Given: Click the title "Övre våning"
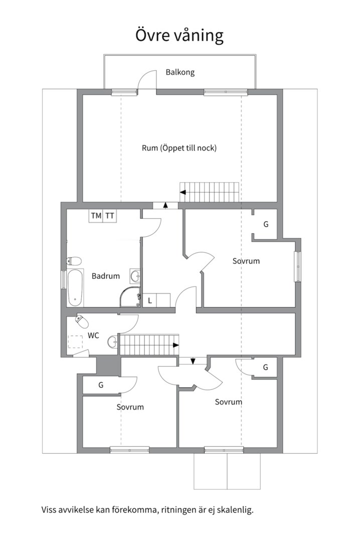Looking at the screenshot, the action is [x=179, y=36].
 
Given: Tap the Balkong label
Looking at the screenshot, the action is [x=180, y=72].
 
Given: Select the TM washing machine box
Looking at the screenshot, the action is [x=96, y=216].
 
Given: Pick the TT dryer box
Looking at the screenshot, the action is [x=109, y=216].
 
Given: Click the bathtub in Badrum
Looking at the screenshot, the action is [x=75, y=288].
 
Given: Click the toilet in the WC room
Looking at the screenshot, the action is [x=82, y=322].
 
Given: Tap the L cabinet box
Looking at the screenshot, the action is [x=149, y=301].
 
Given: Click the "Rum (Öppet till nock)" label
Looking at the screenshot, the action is [x=179, y=148].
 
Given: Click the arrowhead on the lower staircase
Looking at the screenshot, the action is [x=176, y=345].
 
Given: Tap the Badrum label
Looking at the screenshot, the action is [x=106, y=276].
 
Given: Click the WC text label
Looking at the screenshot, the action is [x=93, y=335].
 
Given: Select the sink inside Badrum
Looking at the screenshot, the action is [x=135, y=276].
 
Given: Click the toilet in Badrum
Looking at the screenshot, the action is [x=74, y=260].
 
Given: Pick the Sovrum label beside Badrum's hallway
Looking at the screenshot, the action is [x=246, y=261].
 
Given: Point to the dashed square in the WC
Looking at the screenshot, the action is [x=75, y=342].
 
